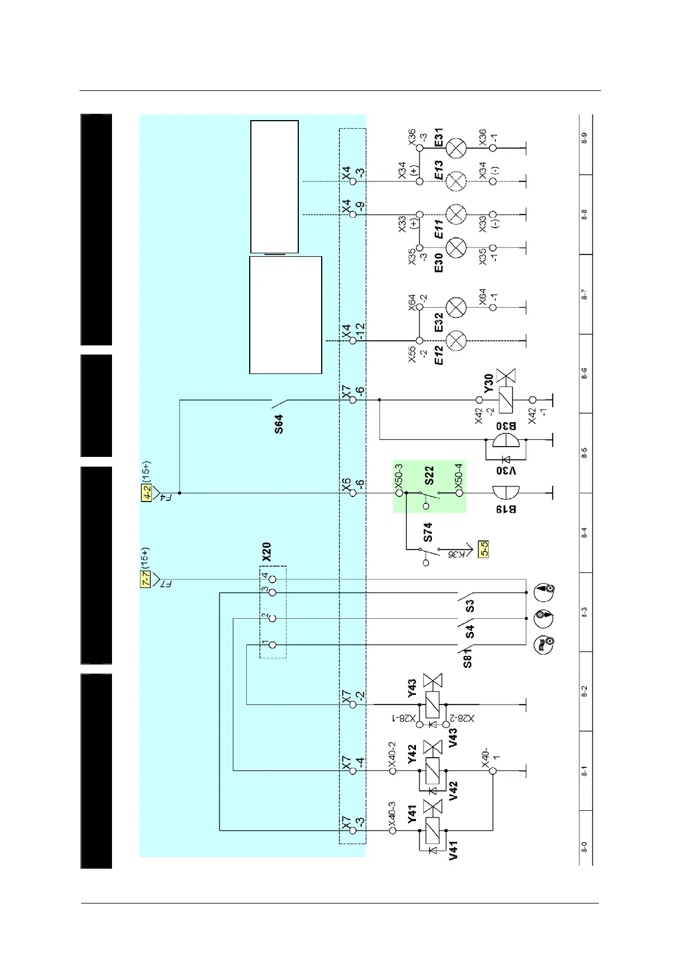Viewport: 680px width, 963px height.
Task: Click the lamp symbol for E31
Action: pos(456,148)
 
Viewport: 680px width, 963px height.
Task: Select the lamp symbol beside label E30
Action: pos(456,248)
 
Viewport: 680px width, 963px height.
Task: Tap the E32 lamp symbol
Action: pos(456,308)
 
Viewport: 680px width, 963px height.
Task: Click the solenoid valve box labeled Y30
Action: pos(506,400)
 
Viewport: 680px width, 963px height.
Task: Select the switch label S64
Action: pos(278,424)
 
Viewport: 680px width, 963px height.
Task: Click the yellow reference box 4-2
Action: pos(146,493)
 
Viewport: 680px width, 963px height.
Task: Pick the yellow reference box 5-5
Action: pos(483,550)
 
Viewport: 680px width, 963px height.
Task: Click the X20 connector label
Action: pos(266,551)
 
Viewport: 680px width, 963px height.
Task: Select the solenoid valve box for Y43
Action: pos(433,705)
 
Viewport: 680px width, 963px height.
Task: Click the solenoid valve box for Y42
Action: pos(433,771)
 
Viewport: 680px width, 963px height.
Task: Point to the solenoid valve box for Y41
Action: pos(433,830)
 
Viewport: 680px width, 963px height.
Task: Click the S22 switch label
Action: pos(429,475)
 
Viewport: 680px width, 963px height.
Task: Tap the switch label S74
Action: pos(428,532)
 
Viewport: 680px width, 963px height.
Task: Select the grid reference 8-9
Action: pos(585,138)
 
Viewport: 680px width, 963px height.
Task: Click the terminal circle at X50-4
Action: pos(459,492)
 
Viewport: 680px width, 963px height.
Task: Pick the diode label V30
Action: pos(506,471)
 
